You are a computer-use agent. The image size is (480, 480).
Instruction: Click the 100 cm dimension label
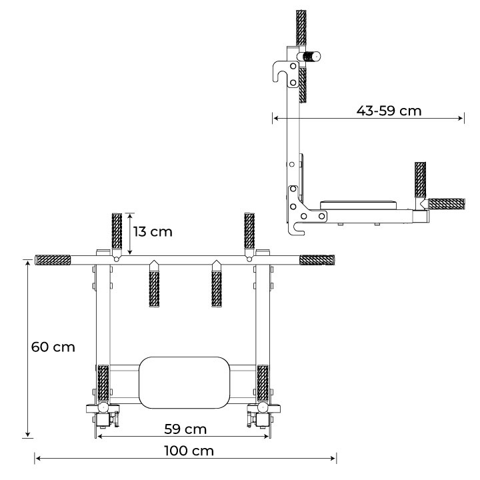coord(189,451)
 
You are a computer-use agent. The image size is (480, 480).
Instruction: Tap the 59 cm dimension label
coord(185,429)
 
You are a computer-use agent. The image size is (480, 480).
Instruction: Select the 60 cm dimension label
coord(53,347)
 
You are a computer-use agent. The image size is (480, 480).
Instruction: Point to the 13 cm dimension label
coord(153,232)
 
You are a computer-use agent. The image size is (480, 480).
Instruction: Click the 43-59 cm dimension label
coord(389,111)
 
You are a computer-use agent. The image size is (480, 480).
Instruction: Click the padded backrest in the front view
coord(184,383)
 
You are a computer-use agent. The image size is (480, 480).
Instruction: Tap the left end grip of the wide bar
coord(53,260)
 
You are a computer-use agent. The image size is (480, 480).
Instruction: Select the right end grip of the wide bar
coord(317,260)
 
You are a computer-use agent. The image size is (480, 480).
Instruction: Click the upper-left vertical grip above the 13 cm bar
coord(117,231)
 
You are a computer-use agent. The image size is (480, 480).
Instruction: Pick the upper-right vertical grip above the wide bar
coord(249,231)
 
